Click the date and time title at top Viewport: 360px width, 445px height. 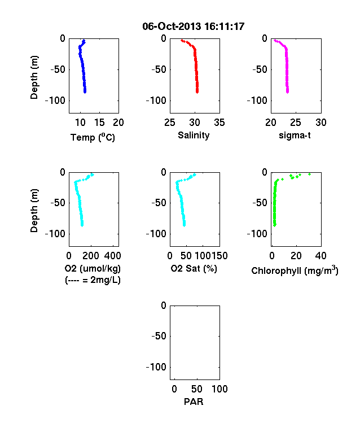194,27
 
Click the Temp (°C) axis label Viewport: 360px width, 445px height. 93,137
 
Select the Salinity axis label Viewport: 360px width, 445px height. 194,136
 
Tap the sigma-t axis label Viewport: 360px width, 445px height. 295,136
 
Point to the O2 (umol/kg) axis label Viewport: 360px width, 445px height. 93,268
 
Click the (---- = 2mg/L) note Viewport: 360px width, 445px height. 93,280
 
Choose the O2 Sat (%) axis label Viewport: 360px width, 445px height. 194,268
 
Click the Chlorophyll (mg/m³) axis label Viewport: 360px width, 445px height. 295,271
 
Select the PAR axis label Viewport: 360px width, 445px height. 194,402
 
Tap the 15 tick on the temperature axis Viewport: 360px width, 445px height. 99,123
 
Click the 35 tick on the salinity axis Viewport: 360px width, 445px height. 219,123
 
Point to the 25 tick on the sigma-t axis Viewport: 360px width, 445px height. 296,123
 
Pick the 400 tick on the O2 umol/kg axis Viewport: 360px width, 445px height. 112,256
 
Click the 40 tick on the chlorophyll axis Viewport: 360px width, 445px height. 321,256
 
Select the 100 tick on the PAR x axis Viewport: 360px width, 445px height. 219,389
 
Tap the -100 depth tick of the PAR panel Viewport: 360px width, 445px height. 156,367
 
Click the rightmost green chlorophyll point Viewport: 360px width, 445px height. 310,174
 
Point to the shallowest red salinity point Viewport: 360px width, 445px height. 182,41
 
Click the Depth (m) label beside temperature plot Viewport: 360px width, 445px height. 34,77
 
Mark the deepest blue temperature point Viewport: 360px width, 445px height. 85,91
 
